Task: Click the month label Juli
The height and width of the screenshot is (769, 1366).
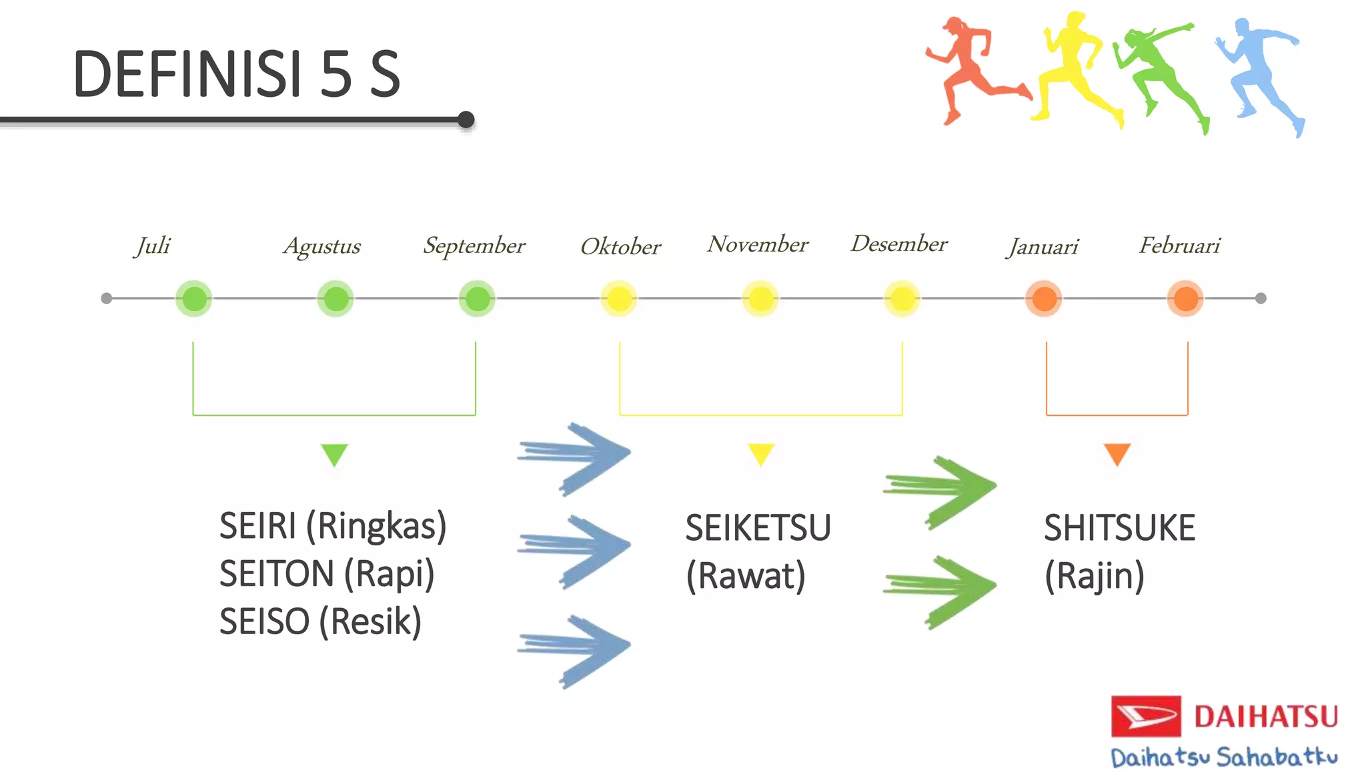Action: pyautogui.click(x=153, y=246)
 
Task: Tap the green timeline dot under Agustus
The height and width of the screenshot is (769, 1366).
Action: pyautogui.click(x=335, y=298)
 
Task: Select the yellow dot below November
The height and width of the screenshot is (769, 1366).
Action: pyautogui.click(x=760, y=298)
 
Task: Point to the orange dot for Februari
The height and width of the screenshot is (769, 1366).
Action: pyautogui.click(x=1185, y=298)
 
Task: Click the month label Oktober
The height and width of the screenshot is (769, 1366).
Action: pyautogui.click(x=620, y=246)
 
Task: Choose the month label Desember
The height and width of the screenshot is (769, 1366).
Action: pyautogui.click(x=899, y=244)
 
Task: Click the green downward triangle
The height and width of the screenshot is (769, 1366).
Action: pyautogui.click(x=334, y=454)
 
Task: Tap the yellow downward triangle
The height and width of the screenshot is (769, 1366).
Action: pyautogui.click(x=760, y=453)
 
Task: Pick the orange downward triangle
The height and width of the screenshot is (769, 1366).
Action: pyautogui.click(x=1117, y=453)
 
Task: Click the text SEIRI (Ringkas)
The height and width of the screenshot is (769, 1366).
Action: pyautogui.click(x=332, y=526)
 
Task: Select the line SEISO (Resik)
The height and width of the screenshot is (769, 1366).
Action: pyautogui.click(x=320, y=621)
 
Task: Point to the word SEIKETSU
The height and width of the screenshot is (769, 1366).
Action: pyautogui.click(x=758, y=528)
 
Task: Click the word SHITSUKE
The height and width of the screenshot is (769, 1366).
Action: pyautogui.click(x=1119, y=528)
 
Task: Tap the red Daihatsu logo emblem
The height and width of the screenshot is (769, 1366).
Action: pyautogui.click(x=1145, y=716)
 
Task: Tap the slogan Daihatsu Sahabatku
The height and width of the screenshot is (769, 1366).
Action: pyautogui.click(x=1224, y=758)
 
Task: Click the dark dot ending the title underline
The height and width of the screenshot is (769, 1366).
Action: pyautogui.click(x=466, y=120)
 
